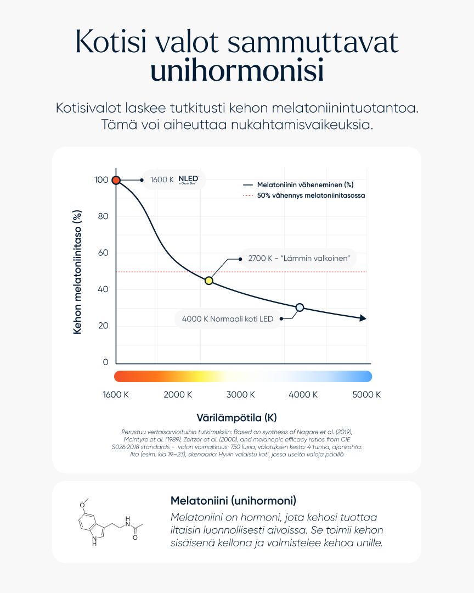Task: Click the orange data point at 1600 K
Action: pos(116,180)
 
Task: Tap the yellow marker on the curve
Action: pos(208,281)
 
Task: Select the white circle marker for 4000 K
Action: pos(300,307)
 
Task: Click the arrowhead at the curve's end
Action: pos(363,318)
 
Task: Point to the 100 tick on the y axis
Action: pos(101,180)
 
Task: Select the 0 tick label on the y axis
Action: pos(106,362)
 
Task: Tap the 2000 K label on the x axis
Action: pos(178,395)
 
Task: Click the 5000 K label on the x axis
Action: pos(366,395)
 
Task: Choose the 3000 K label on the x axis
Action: pos(241,395)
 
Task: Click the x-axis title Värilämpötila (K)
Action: pos(237,417)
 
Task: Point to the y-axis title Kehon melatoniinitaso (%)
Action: pos(77,272)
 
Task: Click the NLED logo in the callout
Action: pos(188,180)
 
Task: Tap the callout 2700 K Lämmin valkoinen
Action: pos(299,258)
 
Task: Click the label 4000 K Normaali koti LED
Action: pos(228,319)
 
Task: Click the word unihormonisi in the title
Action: pos(237,72)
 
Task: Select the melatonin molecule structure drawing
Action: pos(109,522)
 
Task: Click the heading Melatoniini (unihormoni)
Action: pos(234,501)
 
